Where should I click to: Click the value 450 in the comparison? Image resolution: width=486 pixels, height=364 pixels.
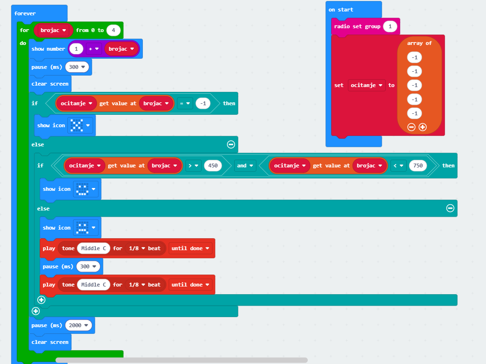213,165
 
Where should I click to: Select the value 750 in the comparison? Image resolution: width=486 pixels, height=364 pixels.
418,165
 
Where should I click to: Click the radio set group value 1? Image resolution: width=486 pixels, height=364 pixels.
390,26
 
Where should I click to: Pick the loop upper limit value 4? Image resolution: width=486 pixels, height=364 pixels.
113,30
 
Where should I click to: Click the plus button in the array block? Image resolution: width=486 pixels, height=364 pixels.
422,127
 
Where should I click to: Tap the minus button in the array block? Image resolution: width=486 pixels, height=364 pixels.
411,127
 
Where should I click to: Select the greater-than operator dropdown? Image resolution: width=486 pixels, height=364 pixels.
194,165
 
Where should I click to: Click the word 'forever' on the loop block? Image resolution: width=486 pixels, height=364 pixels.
25,13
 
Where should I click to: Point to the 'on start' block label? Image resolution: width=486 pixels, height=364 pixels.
341,10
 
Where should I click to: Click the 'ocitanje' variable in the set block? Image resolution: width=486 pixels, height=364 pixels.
367,85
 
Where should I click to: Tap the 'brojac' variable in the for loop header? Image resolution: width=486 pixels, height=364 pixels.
53,30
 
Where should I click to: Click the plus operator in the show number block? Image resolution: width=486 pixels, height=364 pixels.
93,49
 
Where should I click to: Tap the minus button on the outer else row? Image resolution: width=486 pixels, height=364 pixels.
231,144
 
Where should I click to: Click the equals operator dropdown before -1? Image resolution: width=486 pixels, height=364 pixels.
185,103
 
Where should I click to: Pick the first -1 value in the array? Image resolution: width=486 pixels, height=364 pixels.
414,57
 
